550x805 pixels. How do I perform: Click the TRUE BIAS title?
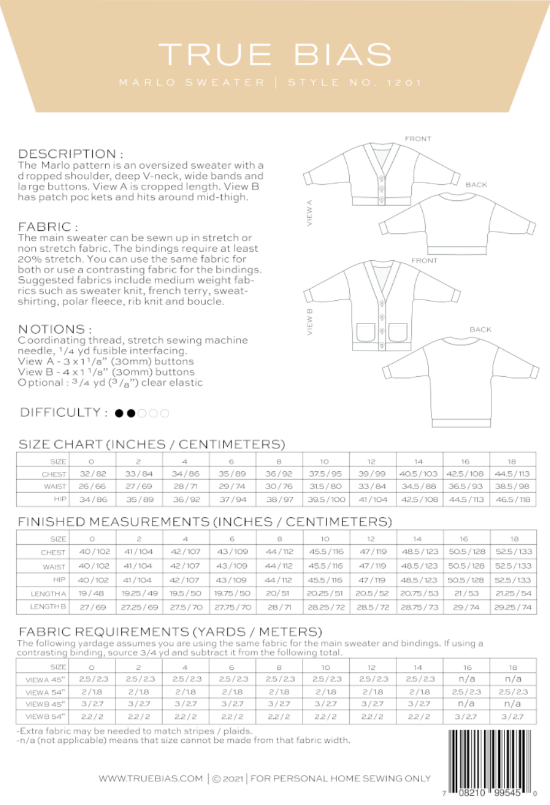click(x=275, y=54)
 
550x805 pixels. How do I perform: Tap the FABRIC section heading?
click(x=48, y=227)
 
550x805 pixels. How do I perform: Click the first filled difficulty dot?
click(x=120, y=413)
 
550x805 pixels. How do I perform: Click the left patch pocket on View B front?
click(x=365, y=331)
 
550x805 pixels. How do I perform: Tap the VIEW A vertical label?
click(x=310, y=213)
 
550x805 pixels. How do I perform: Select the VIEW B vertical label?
click(x=310, y=322)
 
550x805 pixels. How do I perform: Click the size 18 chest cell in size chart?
click(x=512, y=474)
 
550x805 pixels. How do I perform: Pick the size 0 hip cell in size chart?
click(x=93, y=499)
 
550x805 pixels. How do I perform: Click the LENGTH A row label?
click(x=48, y=594)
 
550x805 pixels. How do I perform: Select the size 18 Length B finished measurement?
click(x=514, y=606)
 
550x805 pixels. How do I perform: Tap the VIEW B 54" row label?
click(x=46, y=716)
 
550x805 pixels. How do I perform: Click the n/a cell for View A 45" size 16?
click(x=466, y=679)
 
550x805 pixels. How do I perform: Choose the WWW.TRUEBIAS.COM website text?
click(x=151, y=778)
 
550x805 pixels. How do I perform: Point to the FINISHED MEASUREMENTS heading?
click(x=204, y=522)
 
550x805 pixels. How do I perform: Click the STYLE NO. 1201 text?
click(x=355, y=83)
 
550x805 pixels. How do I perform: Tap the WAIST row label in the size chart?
click(x=55, y=487)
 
